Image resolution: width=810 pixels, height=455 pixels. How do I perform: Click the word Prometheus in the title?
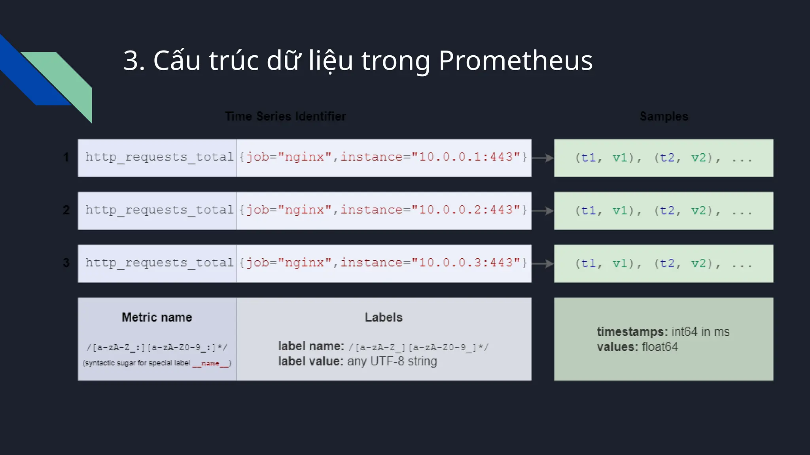point(515,61)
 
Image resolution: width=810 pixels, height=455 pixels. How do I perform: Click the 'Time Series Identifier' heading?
point(285,117)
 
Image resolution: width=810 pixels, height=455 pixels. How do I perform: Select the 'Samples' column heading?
point(664,117)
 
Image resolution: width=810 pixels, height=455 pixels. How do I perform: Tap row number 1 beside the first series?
point(66,158)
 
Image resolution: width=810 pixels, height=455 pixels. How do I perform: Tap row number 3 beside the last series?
point(66,263)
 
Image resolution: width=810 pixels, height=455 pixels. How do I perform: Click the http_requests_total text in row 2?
point(159,210)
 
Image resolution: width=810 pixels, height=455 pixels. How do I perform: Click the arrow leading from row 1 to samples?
point(543,158)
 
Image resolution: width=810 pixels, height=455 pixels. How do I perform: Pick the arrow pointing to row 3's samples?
point(543,263)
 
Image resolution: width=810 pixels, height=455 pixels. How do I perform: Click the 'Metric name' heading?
point(157,318)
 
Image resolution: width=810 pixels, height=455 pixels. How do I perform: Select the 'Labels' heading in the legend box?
point(383,318)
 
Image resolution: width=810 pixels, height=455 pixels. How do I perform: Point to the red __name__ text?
point(211,363)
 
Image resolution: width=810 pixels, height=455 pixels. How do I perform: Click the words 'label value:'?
point(310,361)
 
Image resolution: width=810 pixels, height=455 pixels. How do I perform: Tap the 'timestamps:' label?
point(632,332)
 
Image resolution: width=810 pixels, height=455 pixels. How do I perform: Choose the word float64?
point(660,347)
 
